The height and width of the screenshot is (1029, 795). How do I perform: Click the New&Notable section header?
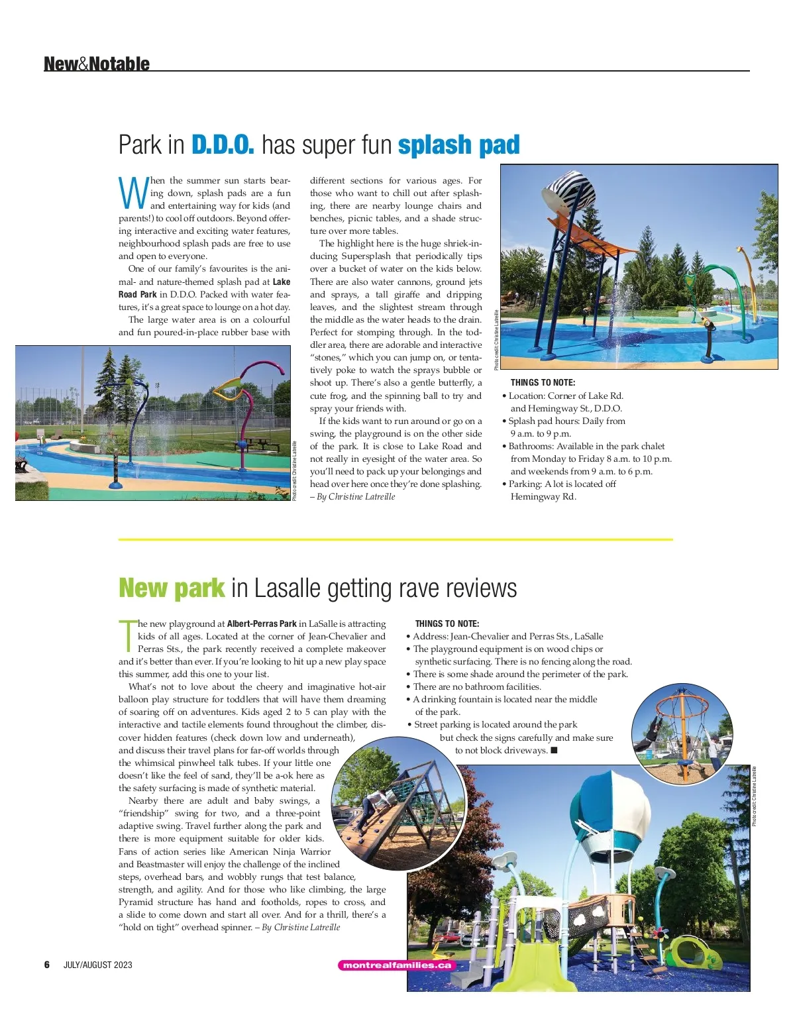tap(97, 64)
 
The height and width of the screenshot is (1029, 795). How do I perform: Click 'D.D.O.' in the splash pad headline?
tap(223, 144)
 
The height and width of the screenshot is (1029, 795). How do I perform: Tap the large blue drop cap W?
tap(133, 191)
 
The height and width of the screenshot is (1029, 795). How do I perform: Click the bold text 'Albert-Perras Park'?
tap(262, 623)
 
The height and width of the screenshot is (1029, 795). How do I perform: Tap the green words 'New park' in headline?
tap(172, 588)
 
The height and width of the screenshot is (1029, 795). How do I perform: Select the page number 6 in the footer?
tap(47, 965)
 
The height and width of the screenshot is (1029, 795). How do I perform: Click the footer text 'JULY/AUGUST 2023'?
tap(98, 965)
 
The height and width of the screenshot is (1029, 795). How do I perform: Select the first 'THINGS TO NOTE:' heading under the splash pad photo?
tap(543, 382)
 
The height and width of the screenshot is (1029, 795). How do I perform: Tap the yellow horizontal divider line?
tap(396, 539)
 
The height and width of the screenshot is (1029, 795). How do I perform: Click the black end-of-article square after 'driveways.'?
tap(554, 750)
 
